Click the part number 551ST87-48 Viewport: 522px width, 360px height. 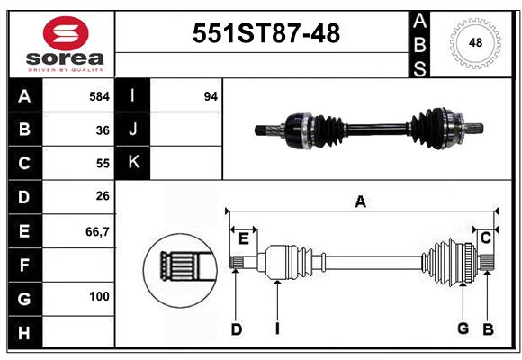pos(267,33)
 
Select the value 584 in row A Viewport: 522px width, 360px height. pos(99,96)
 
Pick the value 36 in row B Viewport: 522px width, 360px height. pos(103,130)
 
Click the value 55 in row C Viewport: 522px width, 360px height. pos(103,164)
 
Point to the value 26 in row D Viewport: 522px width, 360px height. pos(103,197)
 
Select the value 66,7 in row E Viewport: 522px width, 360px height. pos(97,231)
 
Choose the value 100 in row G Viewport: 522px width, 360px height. pos(99,296)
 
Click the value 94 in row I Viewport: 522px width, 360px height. pos(211,96)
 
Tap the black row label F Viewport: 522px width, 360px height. pos(24,265)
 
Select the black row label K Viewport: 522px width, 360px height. pos(133,163)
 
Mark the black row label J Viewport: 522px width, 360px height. pos(133,130)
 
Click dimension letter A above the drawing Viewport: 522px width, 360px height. pos(360,202)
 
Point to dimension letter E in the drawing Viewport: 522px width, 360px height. pos(243,238)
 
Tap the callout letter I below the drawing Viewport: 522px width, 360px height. pos(277,329)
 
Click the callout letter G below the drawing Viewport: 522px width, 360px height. pos(463,328)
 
